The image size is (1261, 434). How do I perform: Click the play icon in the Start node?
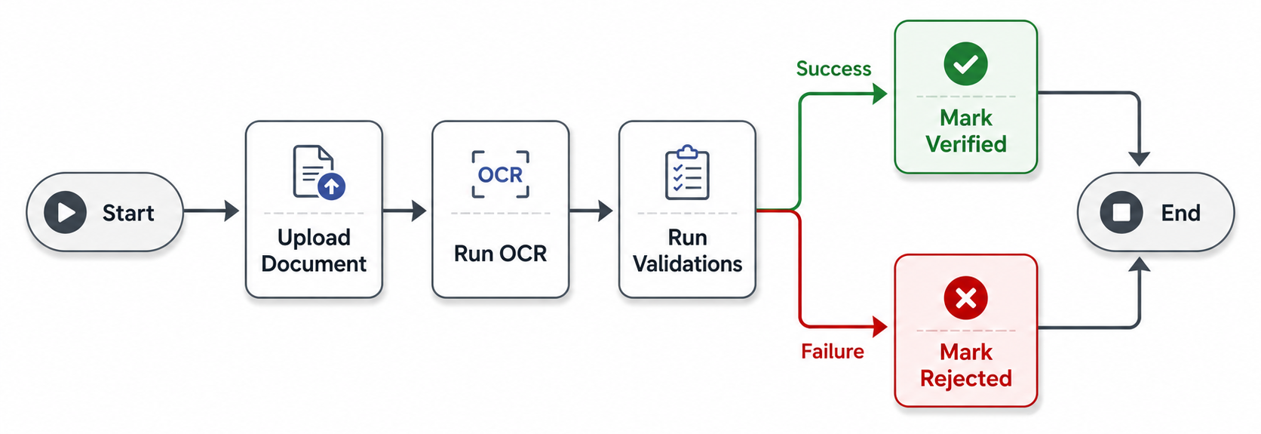pyautogui.click(x=66, y=213)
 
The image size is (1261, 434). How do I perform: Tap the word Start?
pyautogui.click(x=128, y=214)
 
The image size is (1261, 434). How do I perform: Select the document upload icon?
pyautogui.click(x=318, y=172)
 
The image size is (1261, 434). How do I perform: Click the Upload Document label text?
pyautogui.click(x=314, y=251)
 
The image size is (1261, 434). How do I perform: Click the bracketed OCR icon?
pyautogui.click(x=500, y=174)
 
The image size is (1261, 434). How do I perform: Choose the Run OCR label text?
pyautogui.click(x=500, y=254)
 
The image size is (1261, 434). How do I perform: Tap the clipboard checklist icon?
pyautogui.click(x=687, y=173)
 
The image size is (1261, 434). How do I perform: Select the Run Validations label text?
pyautogui.click(x=687, y=251)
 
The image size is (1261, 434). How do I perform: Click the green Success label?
pyautogui.click(x=833, y=69)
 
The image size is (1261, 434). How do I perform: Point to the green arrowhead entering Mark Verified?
pyautogui.click(x=879, y=94)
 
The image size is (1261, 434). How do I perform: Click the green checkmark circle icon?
pyautogui.click(x=965, y=64)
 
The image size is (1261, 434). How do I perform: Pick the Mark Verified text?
pyautogui.click(x=965, y=131)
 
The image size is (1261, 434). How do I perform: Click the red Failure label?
pyautogui.click(x=833, y=352)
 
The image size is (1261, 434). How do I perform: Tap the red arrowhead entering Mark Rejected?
pyautogui.click(x=879, y=327)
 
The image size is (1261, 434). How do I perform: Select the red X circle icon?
pyautogui.click(x=965, y=298)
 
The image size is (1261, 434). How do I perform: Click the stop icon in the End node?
pyautogui.click(x=1121, y=213)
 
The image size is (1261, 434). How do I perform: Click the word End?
pyautogui.click(x=1180, y=214)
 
